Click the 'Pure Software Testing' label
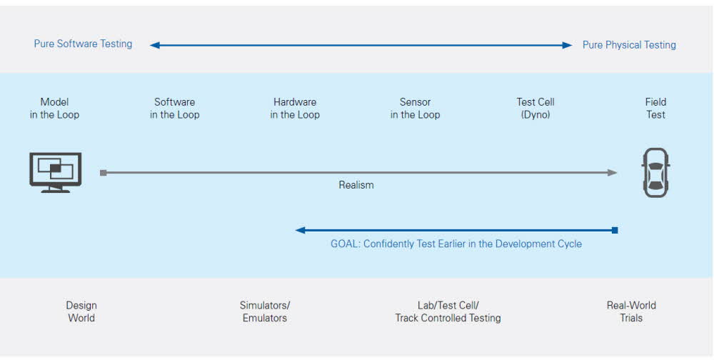83,44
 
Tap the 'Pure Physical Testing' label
629,45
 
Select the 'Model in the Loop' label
55,109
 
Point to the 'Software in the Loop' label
174,109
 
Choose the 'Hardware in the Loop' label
295,109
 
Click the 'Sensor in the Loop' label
416,109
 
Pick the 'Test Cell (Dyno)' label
535,109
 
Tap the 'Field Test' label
655,109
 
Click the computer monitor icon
56,173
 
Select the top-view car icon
655,173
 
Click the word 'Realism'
356,185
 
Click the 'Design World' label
81,311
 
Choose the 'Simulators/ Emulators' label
265,311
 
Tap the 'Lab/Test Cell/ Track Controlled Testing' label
448,311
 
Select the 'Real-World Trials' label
631,311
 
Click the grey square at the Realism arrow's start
104,173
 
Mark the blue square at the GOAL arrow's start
615,230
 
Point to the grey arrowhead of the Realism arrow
612,173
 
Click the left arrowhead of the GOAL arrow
300,230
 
